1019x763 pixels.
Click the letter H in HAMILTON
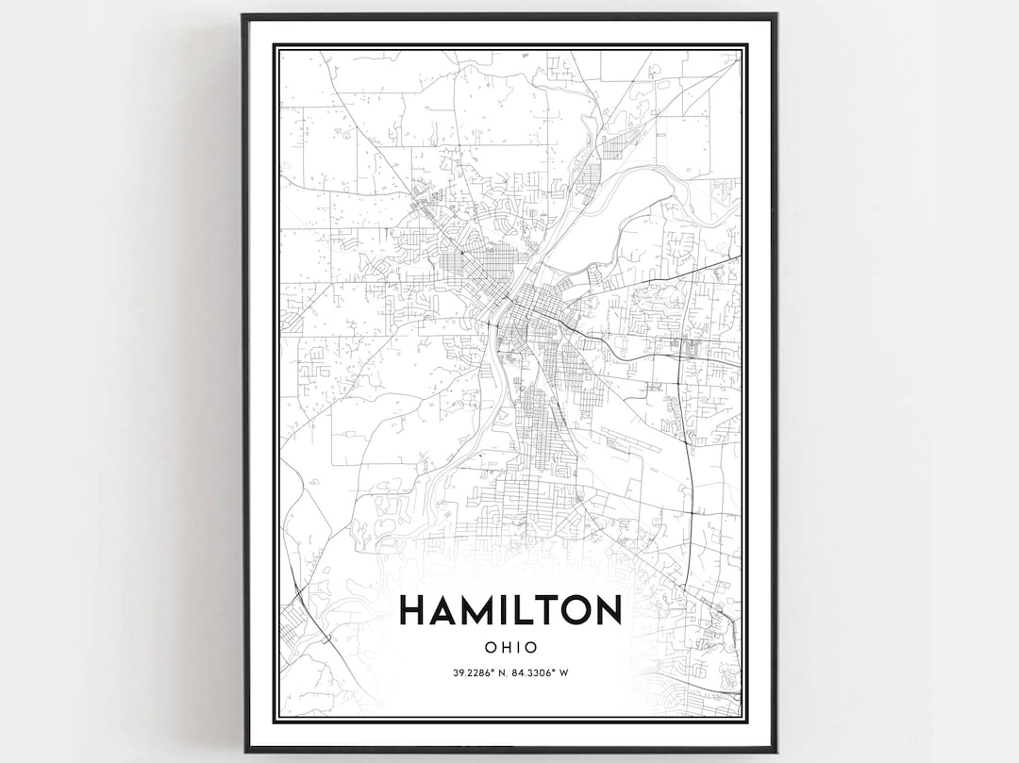click(x=414, y=610)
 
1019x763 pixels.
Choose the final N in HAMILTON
click(x=609, y=610)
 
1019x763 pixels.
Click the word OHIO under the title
click(x=510, y=648)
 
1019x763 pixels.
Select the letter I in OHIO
click(x=518, y=648)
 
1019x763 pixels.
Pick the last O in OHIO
click(x=531, y=648)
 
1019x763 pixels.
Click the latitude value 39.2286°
click(x=474, y=672)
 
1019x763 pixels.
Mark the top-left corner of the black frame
click(x=243, y=15)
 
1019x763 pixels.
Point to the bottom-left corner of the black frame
click(x=245, y=751)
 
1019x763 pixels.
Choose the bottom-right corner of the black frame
click(x=775, y=751)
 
